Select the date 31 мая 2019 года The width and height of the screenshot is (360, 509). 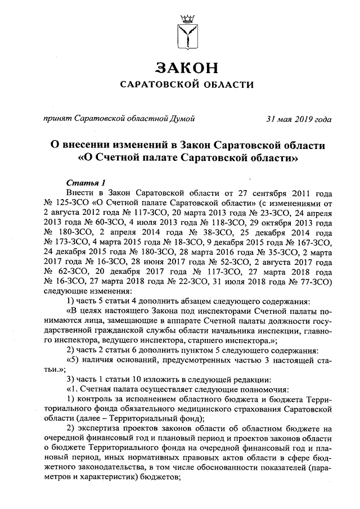pyautogui.click(x=299, y=119)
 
